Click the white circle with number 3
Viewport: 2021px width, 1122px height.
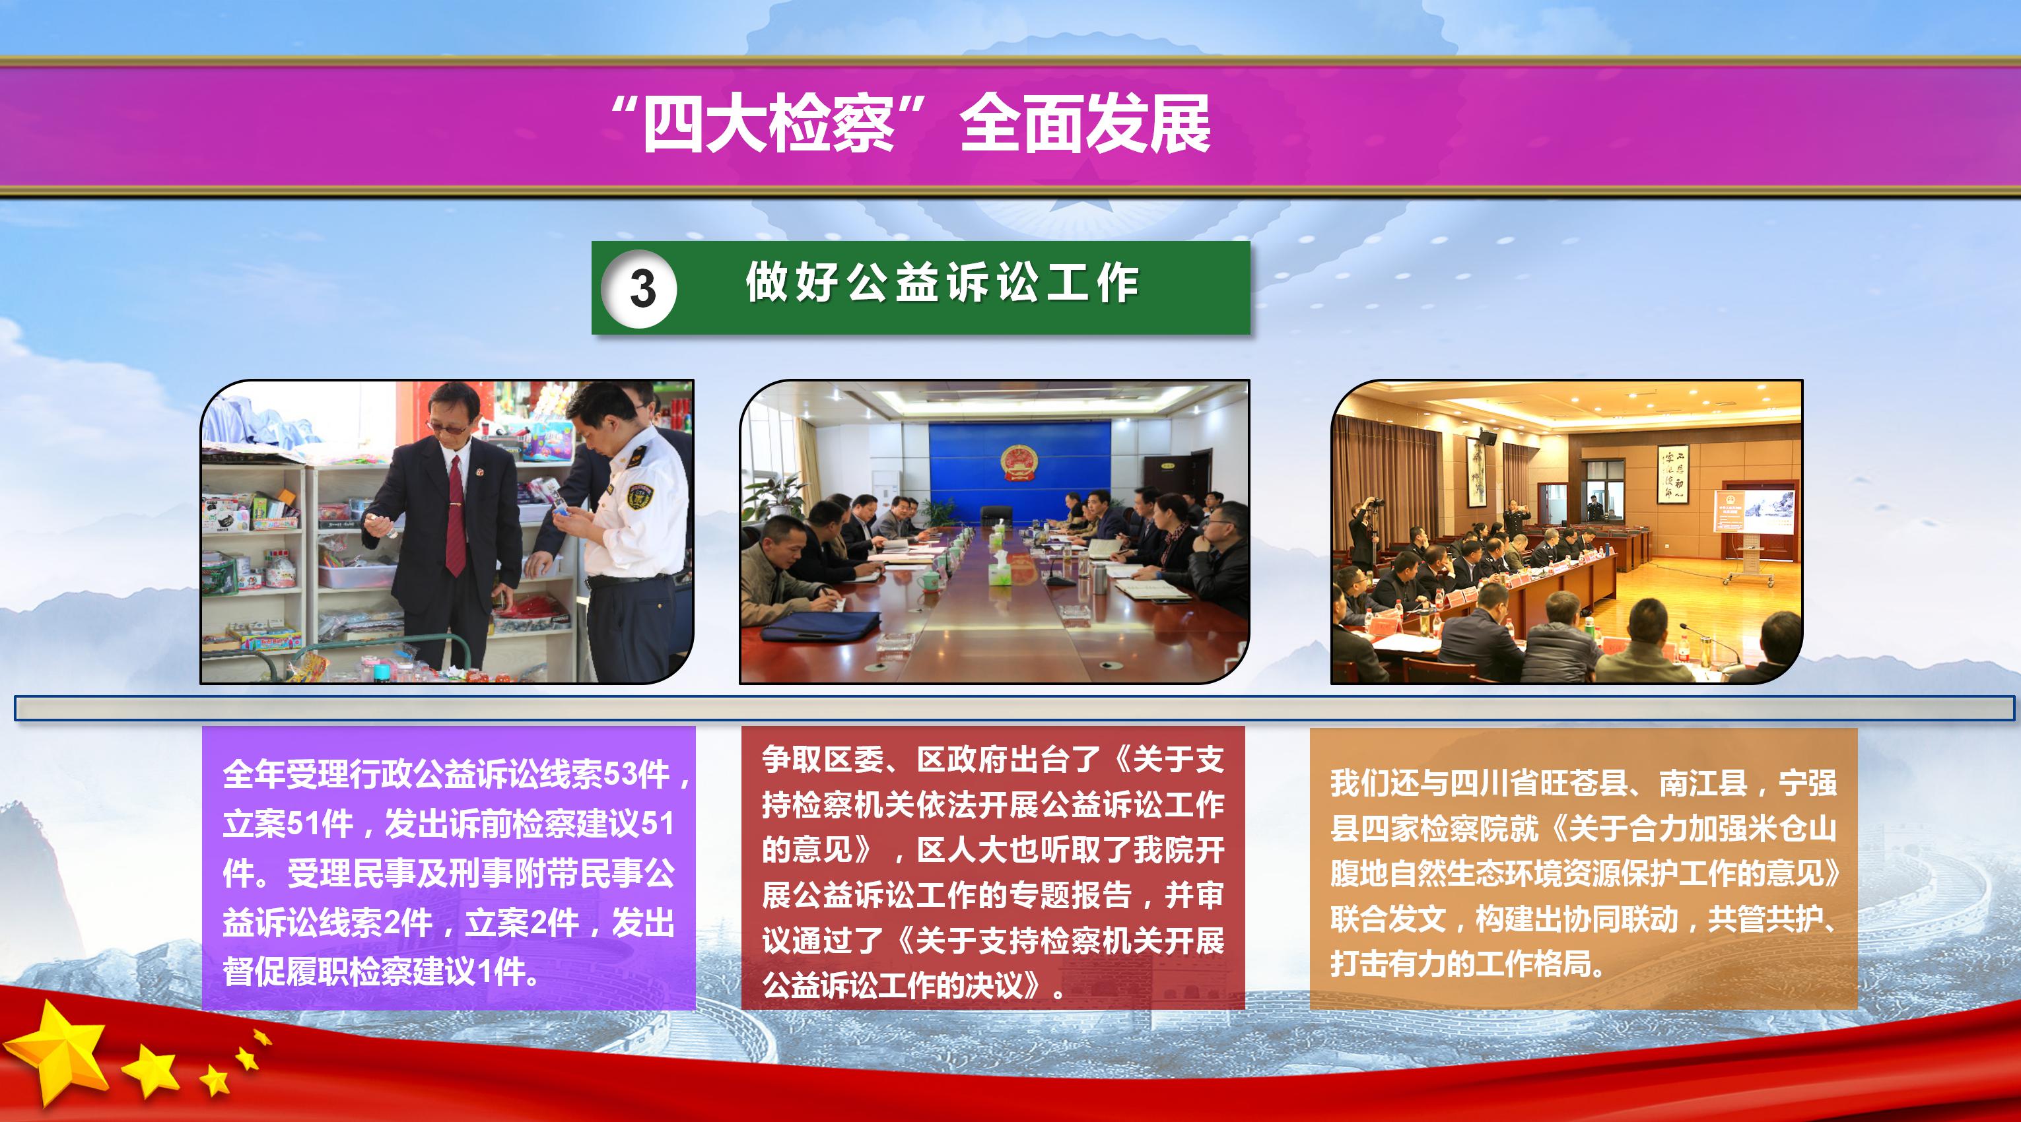638,288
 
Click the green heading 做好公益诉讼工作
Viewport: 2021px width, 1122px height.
942,283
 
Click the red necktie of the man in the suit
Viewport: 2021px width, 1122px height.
455,513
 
